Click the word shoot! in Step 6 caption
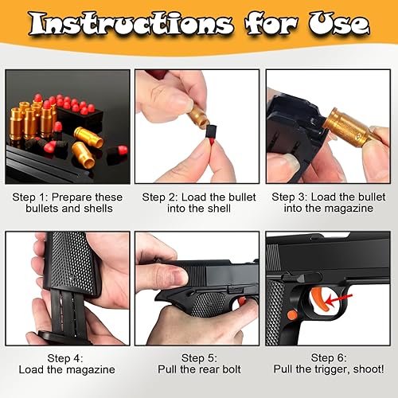click(366, 370)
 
